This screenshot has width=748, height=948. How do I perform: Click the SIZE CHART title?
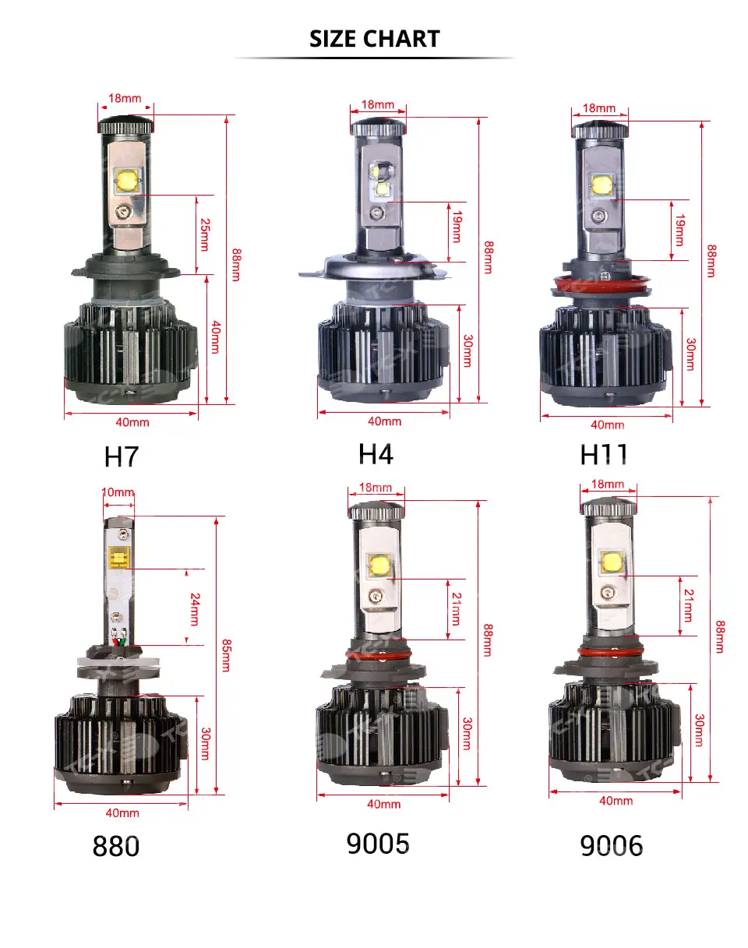coord(374,39)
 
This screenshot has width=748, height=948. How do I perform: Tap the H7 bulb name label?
coord(122,456)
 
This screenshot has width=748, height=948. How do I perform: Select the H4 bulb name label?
coord(376,453)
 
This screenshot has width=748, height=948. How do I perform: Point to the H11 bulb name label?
coord(603,454)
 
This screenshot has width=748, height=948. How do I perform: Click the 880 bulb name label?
coord(116,846)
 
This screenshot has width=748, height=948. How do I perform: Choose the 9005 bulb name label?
coord(378,844)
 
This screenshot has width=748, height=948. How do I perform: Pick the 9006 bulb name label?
coord(612,846)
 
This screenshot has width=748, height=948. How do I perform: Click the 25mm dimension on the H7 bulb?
coord(205,234)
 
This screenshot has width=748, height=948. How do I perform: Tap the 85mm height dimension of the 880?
coord(226,655)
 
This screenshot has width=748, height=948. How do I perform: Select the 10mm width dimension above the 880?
coord(118,492)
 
